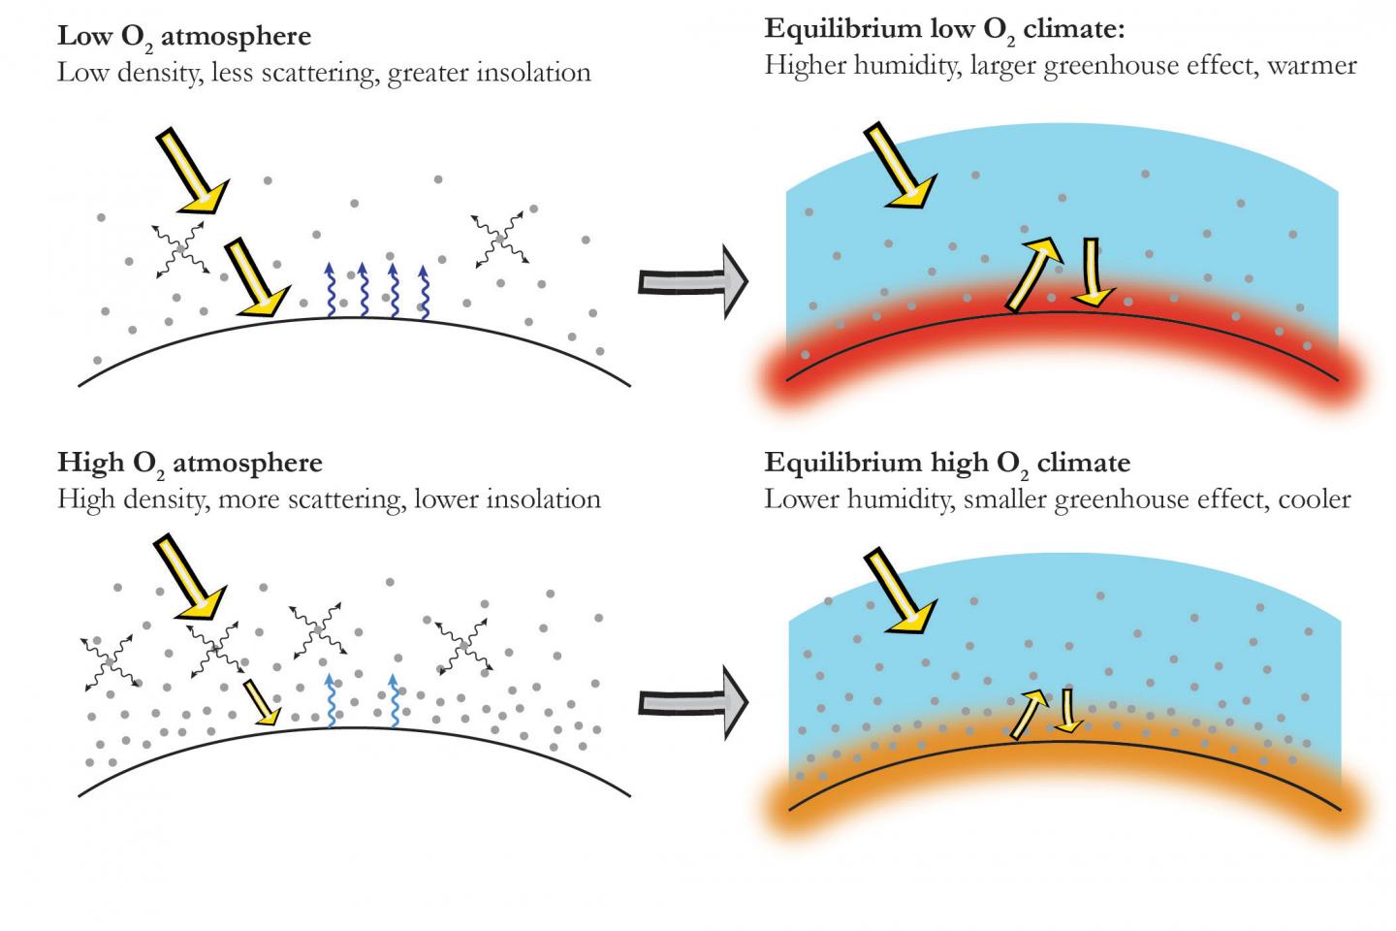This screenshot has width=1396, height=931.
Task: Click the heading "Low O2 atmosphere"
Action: pos(184,38)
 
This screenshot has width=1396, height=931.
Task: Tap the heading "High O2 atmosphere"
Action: pos(190,464)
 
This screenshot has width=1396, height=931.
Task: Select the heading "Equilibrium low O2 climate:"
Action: pos(944,29)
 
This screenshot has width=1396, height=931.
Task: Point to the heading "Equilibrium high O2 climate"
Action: pos(947,463)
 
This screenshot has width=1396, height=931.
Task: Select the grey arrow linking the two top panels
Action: pos(693,280)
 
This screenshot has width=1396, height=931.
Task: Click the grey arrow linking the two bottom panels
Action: pos(693,701)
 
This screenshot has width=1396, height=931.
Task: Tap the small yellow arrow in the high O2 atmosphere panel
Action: pos(262,701)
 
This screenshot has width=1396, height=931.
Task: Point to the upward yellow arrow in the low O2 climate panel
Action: pos(1031,274)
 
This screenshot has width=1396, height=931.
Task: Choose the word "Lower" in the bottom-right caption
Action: pos(798,498)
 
